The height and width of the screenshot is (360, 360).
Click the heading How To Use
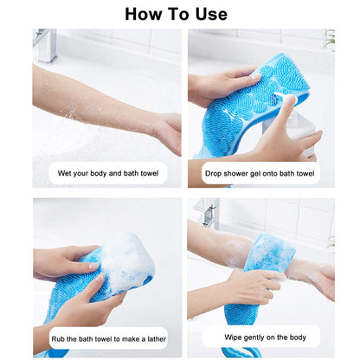177,14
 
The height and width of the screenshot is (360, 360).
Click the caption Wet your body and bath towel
107,173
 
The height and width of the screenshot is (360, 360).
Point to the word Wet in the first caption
66,173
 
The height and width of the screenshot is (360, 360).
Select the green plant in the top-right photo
329,39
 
